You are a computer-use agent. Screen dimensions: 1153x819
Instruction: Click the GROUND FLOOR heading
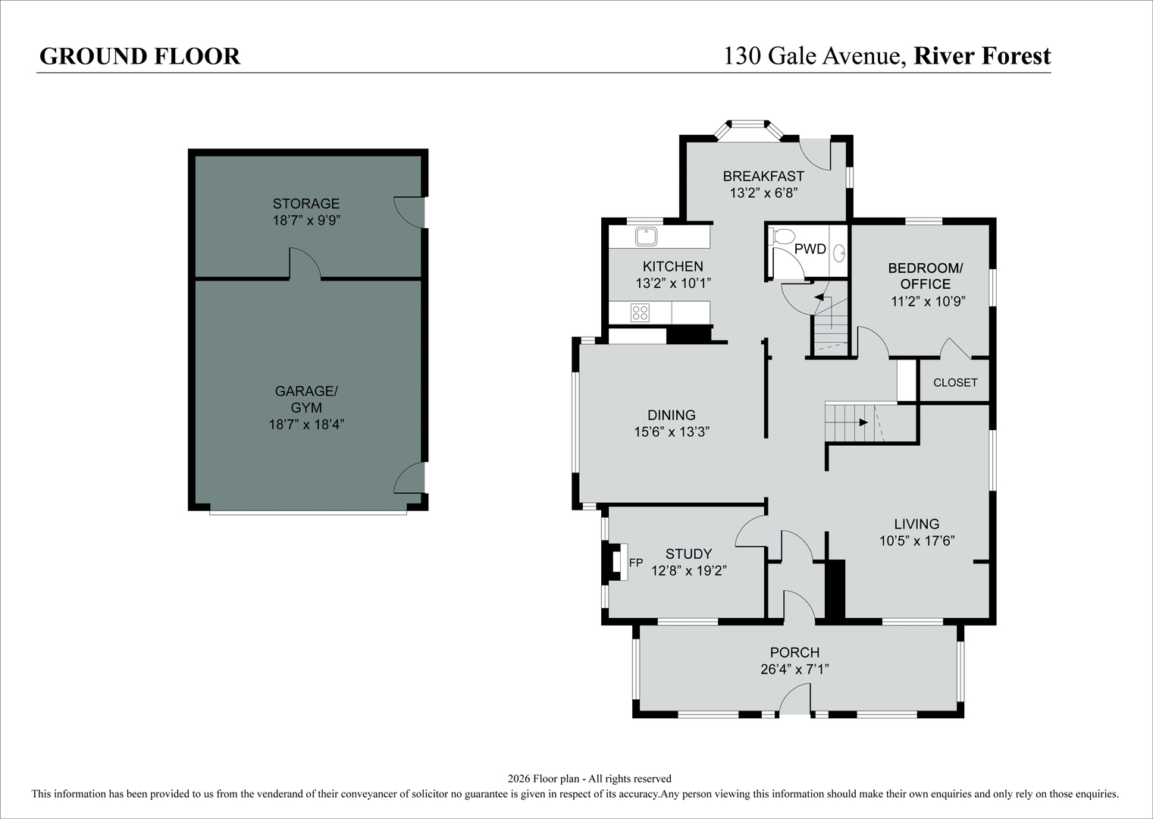point(140,57)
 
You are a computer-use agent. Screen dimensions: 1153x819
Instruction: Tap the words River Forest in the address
point(982,56)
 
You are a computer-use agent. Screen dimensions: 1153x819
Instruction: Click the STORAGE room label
point(306,203)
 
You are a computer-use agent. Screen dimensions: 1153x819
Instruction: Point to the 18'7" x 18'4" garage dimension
point(306,425)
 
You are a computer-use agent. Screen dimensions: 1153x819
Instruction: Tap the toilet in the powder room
point(782,237)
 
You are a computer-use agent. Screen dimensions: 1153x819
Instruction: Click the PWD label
point(810,249)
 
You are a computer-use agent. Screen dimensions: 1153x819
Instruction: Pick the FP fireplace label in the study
point(636,563)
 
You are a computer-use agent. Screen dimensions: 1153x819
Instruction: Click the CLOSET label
point(955,382)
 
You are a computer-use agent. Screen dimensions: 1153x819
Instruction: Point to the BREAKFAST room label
point(763,176)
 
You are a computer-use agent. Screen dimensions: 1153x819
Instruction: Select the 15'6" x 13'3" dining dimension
point(672,432)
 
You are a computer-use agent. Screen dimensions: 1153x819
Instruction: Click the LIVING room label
point(916,524)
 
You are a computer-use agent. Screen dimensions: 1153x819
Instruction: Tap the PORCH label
point(794,653)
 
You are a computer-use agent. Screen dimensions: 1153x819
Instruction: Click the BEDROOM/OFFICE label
point(926,276)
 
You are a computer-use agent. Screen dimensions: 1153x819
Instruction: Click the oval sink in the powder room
point(839,253)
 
